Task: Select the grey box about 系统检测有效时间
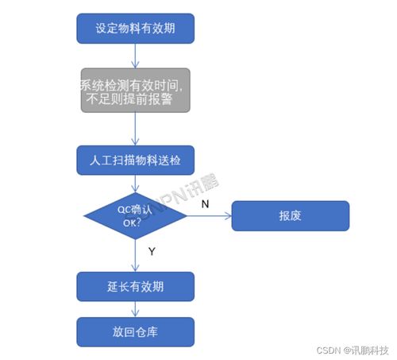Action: click(135, 91)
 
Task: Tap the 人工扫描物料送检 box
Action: click(135, 159)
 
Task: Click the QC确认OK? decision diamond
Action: click(135, 215)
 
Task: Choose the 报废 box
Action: click(290, 215)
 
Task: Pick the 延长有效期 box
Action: click(135, 284)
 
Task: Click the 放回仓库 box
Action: click(135, 330)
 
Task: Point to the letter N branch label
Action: click(204, 204)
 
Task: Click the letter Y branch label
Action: click(151, 251)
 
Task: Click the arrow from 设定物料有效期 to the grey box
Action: click(135, 55)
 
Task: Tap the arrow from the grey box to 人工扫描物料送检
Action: click(135, 129)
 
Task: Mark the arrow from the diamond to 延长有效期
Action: click(135, 256)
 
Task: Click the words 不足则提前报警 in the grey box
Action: click(135, 99)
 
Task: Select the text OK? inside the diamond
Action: click(132, 223)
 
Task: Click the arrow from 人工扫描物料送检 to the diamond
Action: click(135, 182)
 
